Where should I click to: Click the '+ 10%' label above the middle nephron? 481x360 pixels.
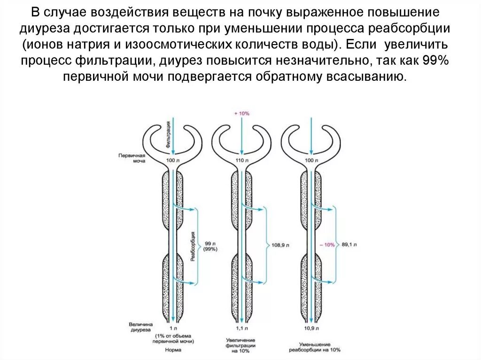point(241,114)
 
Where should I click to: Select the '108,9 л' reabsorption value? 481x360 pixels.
point(281,245)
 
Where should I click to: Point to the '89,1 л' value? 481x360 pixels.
point(349,245)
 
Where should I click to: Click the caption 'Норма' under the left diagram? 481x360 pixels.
point(173,350)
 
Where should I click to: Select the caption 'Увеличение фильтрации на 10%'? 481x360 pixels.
point(240,345)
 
